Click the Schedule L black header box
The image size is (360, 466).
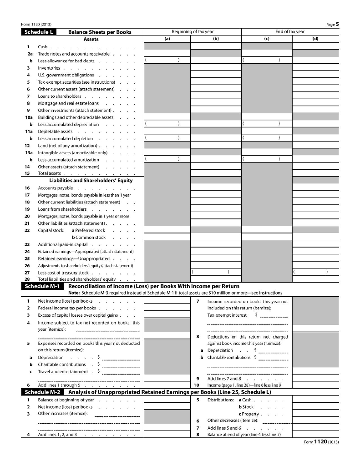point(38,32)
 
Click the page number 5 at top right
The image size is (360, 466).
point(337,25)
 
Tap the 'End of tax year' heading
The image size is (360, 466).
point(290,32)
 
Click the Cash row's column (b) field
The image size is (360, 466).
point(216,46)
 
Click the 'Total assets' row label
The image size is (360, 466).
point(49,173)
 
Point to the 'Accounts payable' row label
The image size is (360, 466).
point(55,188)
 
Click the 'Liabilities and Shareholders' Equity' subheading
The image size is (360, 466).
point(91,180)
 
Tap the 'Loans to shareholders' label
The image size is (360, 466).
point(60,96)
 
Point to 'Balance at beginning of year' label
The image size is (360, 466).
point(66,400)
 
